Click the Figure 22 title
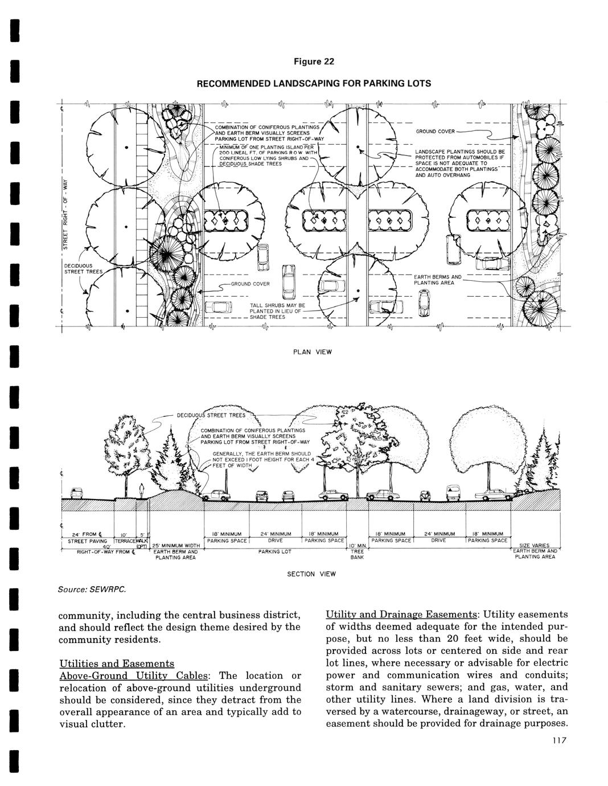[x=314, y=62]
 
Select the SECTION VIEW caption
[x=311, y=574]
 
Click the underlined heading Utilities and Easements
[x=117, y=664]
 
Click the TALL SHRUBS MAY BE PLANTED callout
[x=278, y=312]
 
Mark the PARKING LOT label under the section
[x=274, y=552]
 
